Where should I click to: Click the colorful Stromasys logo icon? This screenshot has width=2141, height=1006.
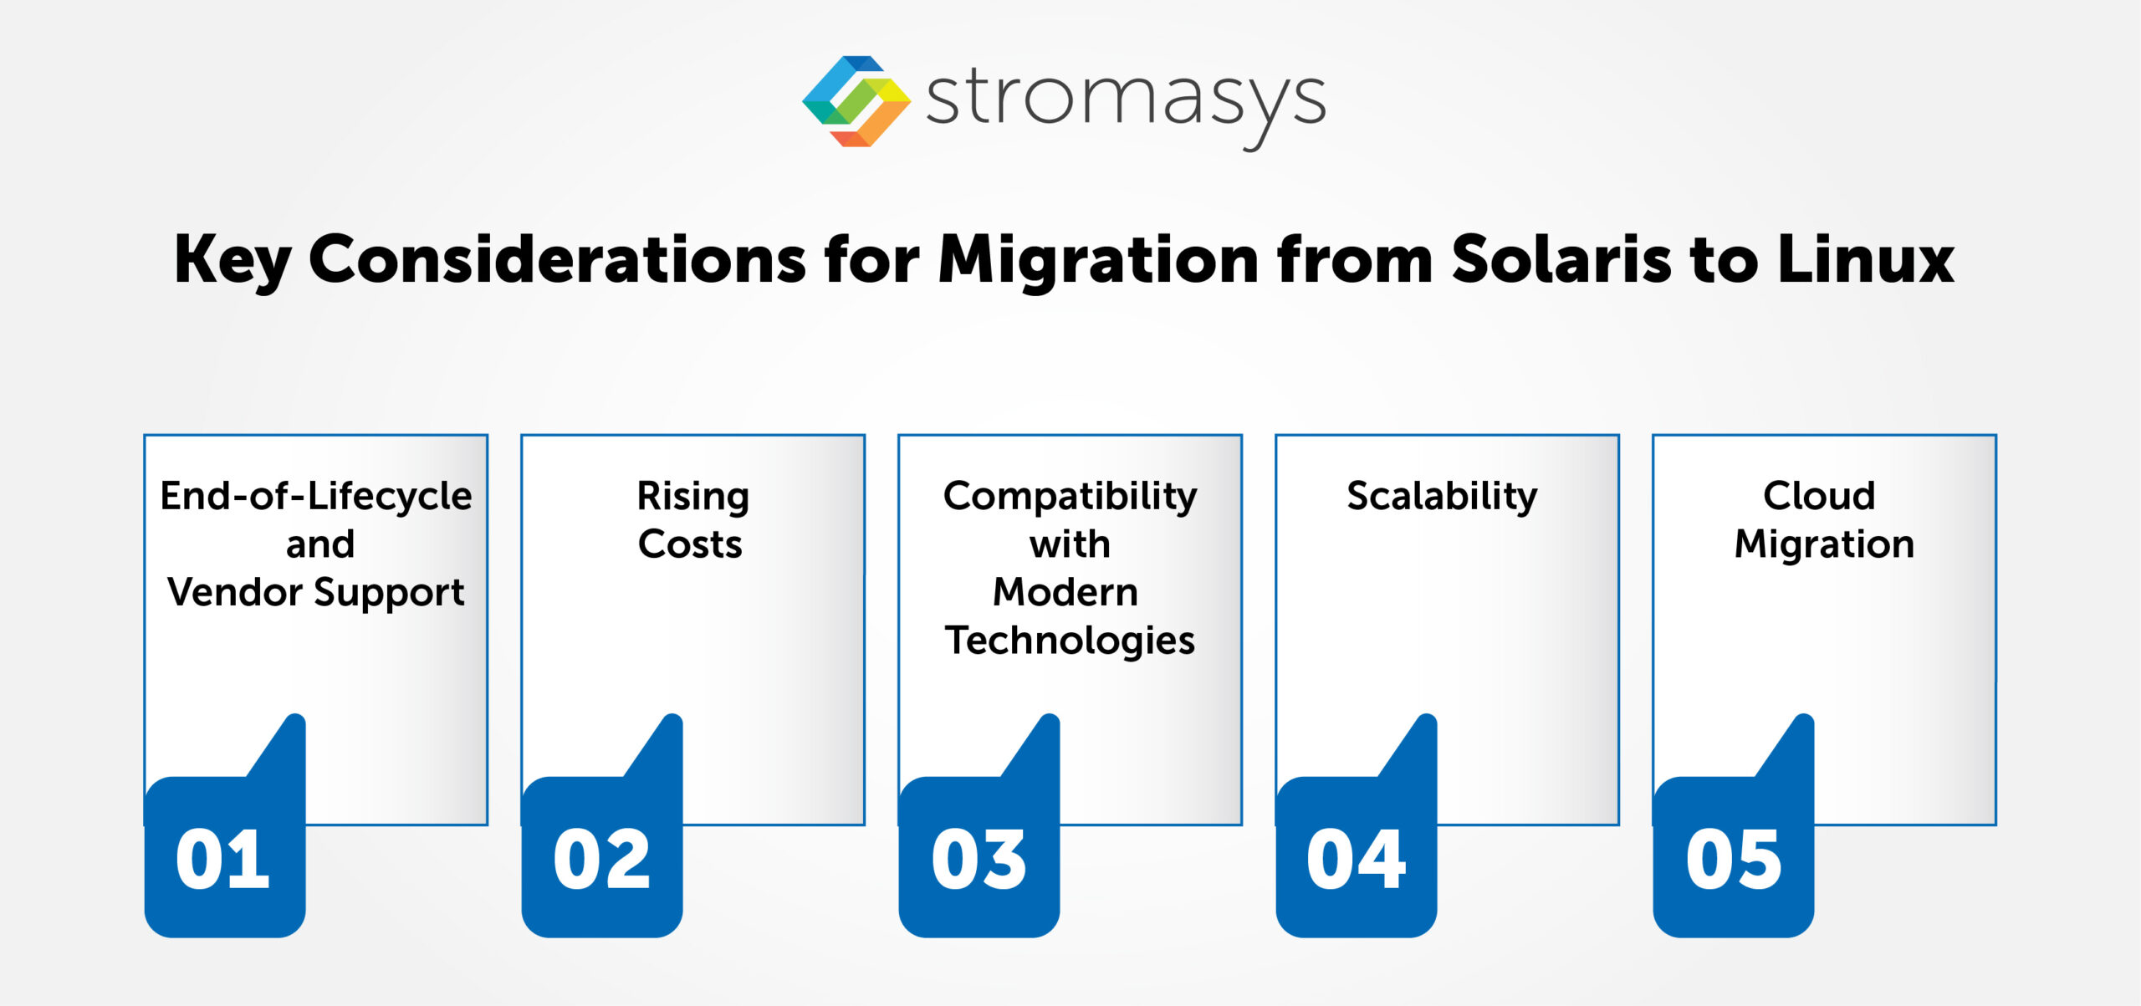[856, 101]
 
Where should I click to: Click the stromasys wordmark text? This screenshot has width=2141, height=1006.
[1125, 101]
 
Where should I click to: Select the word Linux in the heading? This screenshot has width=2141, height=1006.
[1865, 260]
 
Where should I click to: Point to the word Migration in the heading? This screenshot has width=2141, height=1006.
[1097, 260]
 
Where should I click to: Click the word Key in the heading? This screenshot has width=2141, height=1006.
[232, 260]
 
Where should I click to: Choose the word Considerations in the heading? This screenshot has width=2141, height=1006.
[556, 260]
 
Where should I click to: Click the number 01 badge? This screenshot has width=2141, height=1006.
[223, 859]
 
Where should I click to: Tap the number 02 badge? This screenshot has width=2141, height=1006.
[601, 859]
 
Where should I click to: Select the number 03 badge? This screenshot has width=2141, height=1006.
[979, 859]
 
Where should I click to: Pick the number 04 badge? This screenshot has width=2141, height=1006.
[1356, 859]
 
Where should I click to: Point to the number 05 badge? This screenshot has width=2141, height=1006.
[1733, 859]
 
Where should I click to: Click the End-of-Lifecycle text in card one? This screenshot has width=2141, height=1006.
[316, 497]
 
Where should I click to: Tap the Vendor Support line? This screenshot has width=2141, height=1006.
[316, 593]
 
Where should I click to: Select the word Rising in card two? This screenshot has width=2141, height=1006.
[692, 497]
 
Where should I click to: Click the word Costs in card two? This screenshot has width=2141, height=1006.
[690, 544]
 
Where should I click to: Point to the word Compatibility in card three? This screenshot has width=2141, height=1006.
[1070, 497]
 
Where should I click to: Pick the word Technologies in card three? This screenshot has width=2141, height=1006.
[1070, 641]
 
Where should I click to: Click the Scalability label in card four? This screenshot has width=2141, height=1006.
[1442, 497]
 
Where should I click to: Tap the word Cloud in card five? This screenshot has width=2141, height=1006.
[1819, 496]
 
